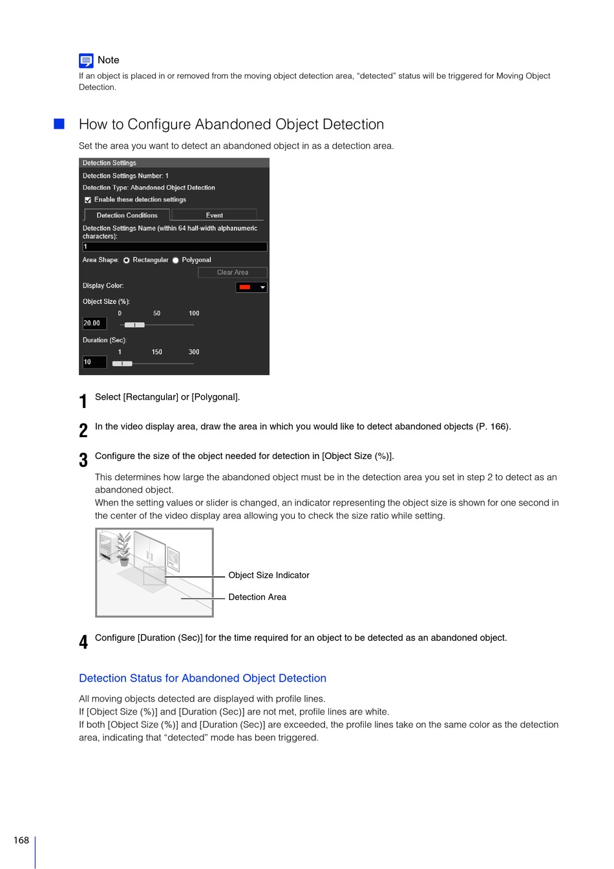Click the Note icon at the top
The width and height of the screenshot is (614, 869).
pyautogui.click(x=86, y=61)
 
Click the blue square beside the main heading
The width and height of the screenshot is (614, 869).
pyautogui.click(x=59, y=124)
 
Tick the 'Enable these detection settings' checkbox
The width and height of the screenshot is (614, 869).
pyautogui.click(x=88, y=200)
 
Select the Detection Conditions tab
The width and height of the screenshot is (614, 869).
pyautogui.click(x=127, y=215)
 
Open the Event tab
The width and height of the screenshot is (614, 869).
pyautogui.click(x=214, y=215)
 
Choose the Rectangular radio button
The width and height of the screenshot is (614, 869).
pyautogui.click(x=127, y=260)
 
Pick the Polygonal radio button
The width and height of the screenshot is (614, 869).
pyautogui.click(x=176, y=260)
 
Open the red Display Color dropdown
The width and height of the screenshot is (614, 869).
pyautogui.click(x=251, y=287)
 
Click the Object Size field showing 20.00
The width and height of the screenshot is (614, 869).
pyautogui.click(x=94, y=323)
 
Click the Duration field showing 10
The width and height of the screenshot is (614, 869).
pyautogui.click(x=94, y=362)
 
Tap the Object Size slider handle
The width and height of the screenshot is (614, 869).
pyautogui.click(x=134, y=325)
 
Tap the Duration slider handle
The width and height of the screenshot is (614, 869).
pyautogui.click(x=122, y=363)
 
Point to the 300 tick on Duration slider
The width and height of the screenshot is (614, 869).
pyautogui.click(x=194, y=352)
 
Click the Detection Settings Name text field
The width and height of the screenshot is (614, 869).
pyautogui.click(x=175, y=247)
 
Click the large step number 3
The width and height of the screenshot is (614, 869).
pyautogui.click(x=83, y=460)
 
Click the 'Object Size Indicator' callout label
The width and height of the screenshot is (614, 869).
pyautogui.click(x=269, y=575)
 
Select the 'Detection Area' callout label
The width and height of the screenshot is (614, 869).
pyautogui.click(x=257, y=597)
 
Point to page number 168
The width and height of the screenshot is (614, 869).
pyautogui.click(x=21, y=840)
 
